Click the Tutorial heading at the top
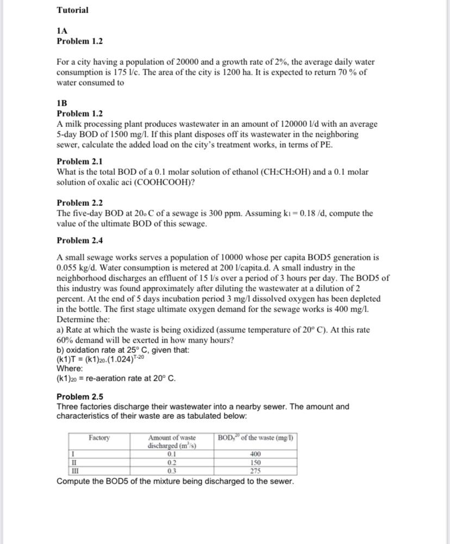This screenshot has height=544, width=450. point(72,10)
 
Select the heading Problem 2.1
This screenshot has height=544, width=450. point(79,161)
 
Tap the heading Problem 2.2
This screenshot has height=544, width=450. point(79,203)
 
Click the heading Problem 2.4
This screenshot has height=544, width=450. point(79,240)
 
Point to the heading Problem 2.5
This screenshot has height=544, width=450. point(79,396)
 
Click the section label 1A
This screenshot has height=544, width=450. point(62,32)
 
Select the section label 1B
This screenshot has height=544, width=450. point(62,103)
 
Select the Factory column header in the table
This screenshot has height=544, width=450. point(99,438)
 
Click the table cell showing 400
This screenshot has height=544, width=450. point(255,454)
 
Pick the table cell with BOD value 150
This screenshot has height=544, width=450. point(255,462)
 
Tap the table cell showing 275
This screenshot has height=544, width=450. point(255,471)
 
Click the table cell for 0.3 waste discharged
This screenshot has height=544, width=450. point(172,471)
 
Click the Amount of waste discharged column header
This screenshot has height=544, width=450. point(172,442)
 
